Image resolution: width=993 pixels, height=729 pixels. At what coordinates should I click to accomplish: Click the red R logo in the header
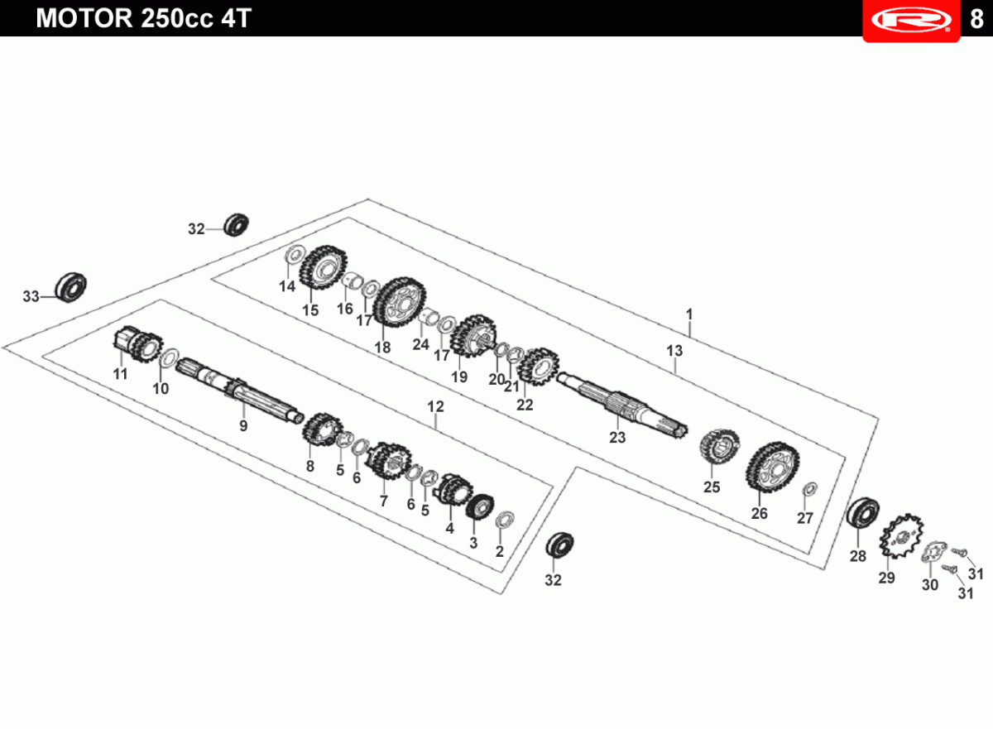click(911, 20)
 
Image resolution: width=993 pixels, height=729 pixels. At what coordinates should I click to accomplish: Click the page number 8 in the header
click(976, 18)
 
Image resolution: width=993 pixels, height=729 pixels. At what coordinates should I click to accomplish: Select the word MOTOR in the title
click(84, 18)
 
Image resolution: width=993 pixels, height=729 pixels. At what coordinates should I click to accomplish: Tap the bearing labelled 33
click(70, 288)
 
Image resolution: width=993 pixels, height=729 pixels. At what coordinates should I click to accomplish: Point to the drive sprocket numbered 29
click(902, 535)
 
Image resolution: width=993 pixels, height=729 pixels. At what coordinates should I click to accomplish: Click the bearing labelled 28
click(862, 513)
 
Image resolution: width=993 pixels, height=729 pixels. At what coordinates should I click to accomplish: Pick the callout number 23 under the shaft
click(617, 438)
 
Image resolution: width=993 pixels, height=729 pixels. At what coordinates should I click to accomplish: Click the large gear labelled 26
click(772, 467)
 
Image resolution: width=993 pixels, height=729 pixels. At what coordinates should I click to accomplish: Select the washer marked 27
click(810, 489)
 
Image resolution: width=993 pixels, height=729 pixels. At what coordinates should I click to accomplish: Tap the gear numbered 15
click(324, 266)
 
